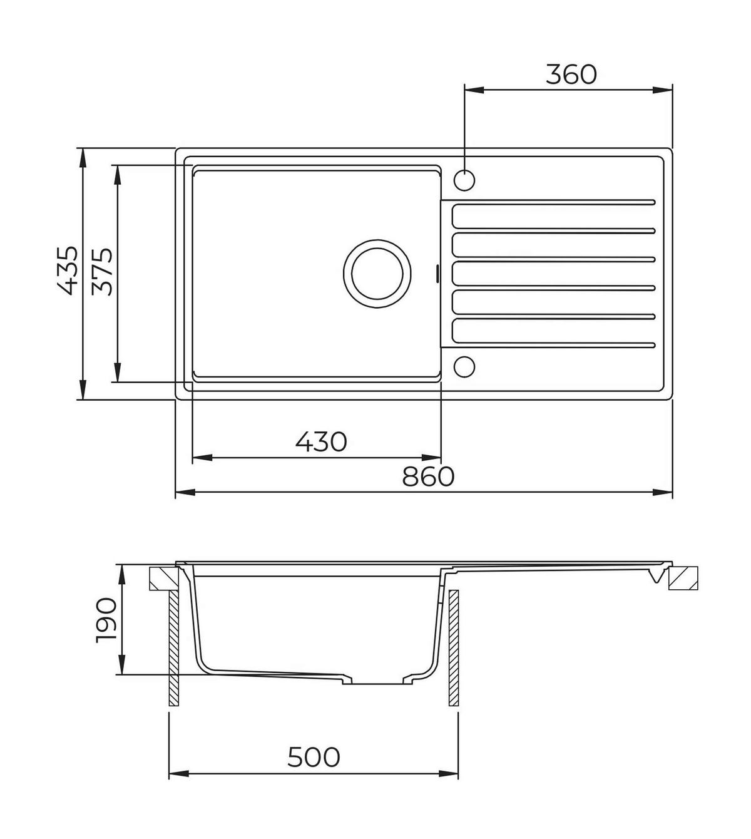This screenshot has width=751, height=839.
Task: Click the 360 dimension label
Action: [x=571, y=75]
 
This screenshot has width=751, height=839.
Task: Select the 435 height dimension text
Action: [x=66, y=271]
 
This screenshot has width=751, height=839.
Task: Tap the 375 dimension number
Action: [x=102, y=272]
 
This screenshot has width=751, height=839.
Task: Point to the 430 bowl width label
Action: [x=321, y=441]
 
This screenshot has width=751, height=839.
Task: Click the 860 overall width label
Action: [x=428, y=476]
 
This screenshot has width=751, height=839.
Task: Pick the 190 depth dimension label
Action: [x=106, y=620]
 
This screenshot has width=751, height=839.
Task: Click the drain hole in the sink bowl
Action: [x=377, y=274]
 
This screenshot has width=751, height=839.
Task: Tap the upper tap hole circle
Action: [x=464, y=180]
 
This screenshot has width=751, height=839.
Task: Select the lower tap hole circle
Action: [x=464, y=366]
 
